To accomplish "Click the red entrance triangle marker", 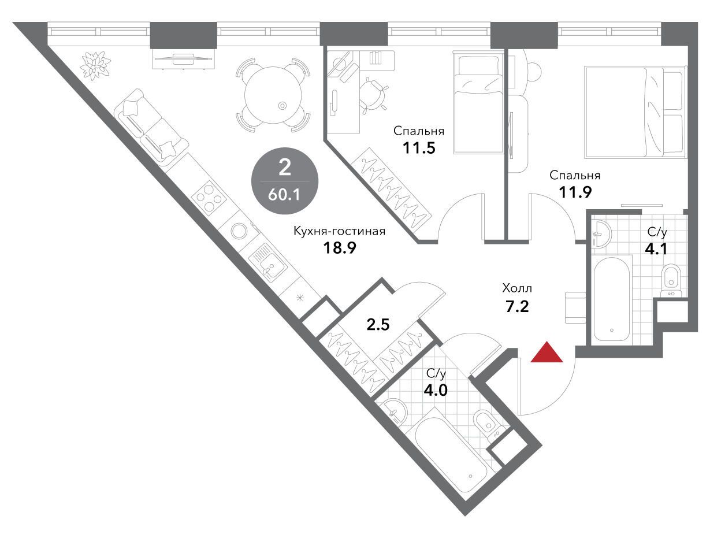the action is tap(547, 353).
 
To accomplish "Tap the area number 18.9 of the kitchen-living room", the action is tap(340, 248).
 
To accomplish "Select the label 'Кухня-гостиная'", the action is tap(340, 232).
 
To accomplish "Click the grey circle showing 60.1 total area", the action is tap(285, 181).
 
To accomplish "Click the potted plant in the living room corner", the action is tap(95, 65).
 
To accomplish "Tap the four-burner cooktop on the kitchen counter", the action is tap(207, 196).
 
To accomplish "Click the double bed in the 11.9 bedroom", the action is tap(635, 112).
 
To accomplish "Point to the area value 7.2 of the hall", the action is tap(517, 306).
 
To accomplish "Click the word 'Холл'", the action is tap(517, 288).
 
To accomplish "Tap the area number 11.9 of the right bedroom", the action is tap(575, 192).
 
